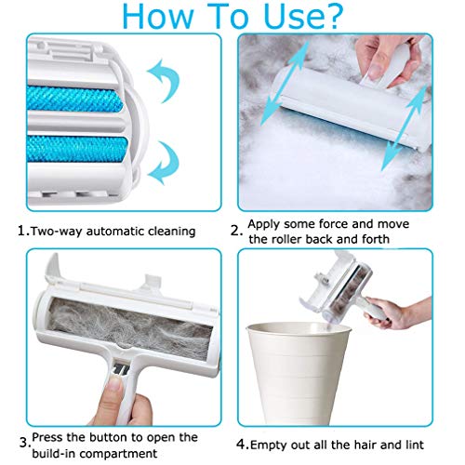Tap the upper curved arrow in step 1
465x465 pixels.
point(164,80)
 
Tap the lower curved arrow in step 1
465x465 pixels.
point(164,163)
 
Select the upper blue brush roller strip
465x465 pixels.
point(74,99)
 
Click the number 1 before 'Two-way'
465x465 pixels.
point(22,231)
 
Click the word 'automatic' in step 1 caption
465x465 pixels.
point(113,232)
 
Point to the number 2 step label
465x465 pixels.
point(236,231)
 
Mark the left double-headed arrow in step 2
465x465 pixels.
point(285,84)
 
